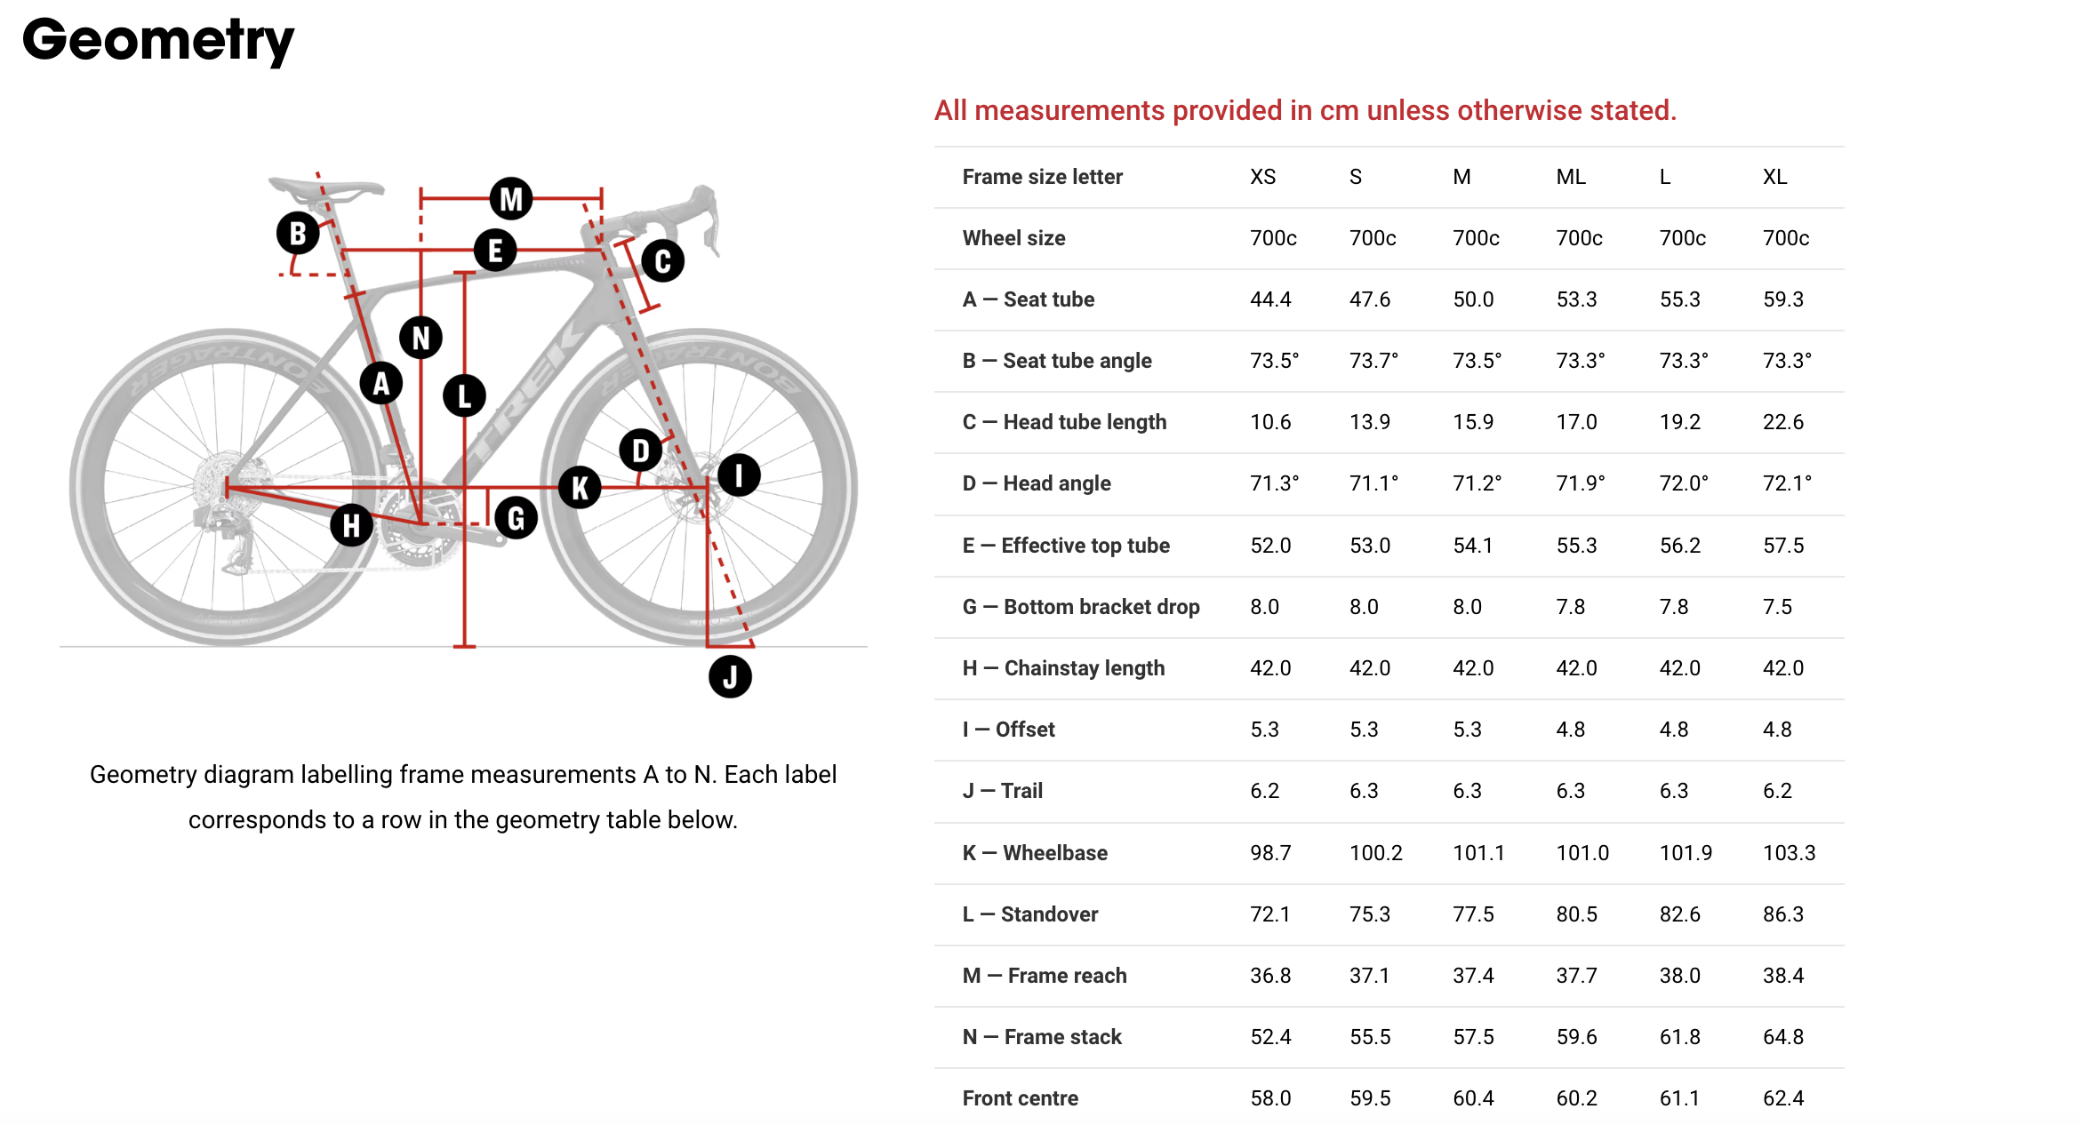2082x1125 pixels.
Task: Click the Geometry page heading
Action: coord(158,41)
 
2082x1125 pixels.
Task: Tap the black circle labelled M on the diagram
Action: coord(511,198)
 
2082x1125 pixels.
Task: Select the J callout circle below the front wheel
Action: coord(730,677)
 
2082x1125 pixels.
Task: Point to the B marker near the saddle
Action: coord(298,233)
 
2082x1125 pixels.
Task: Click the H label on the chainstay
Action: coord(351,524)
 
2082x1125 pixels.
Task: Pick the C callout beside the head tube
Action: coord(662,261)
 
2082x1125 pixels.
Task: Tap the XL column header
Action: coord(1774,177)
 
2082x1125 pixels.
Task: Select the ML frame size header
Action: coord(1571,177)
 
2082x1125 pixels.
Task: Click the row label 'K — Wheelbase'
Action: coord(1035,853)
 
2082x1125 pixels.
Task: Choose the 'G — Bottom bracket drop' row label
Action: coord(1081,607)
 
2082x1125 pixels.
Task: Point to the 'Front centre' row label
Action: coord(1021,1098)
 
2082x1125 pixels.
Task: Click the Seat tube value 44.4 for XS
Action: coord(1270,299)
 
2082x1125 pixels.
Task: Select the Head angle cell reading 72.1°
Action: coord(1787,483)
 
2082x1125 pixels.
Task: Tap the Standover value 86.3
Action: coord(1783,914)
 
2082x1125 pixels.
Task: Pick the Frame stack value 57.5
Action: coord(1473,1037)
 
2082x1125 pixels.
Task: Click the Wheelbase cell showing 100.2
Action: coord(1376,853)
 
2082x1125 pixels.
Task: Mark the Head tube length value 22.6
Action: coord(1783,422)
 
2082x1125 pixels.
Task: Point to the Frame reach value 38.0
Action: coord(1680,976)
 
